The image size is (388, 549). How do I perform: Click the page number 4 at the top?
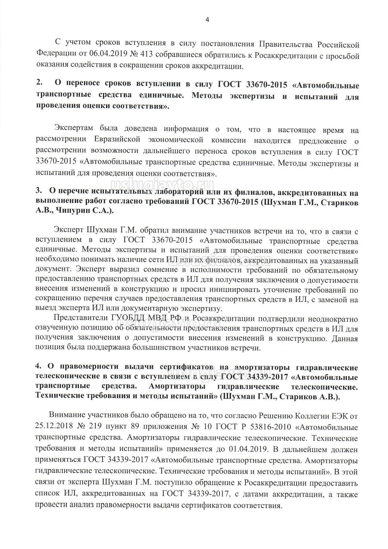tap(207, 20)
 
